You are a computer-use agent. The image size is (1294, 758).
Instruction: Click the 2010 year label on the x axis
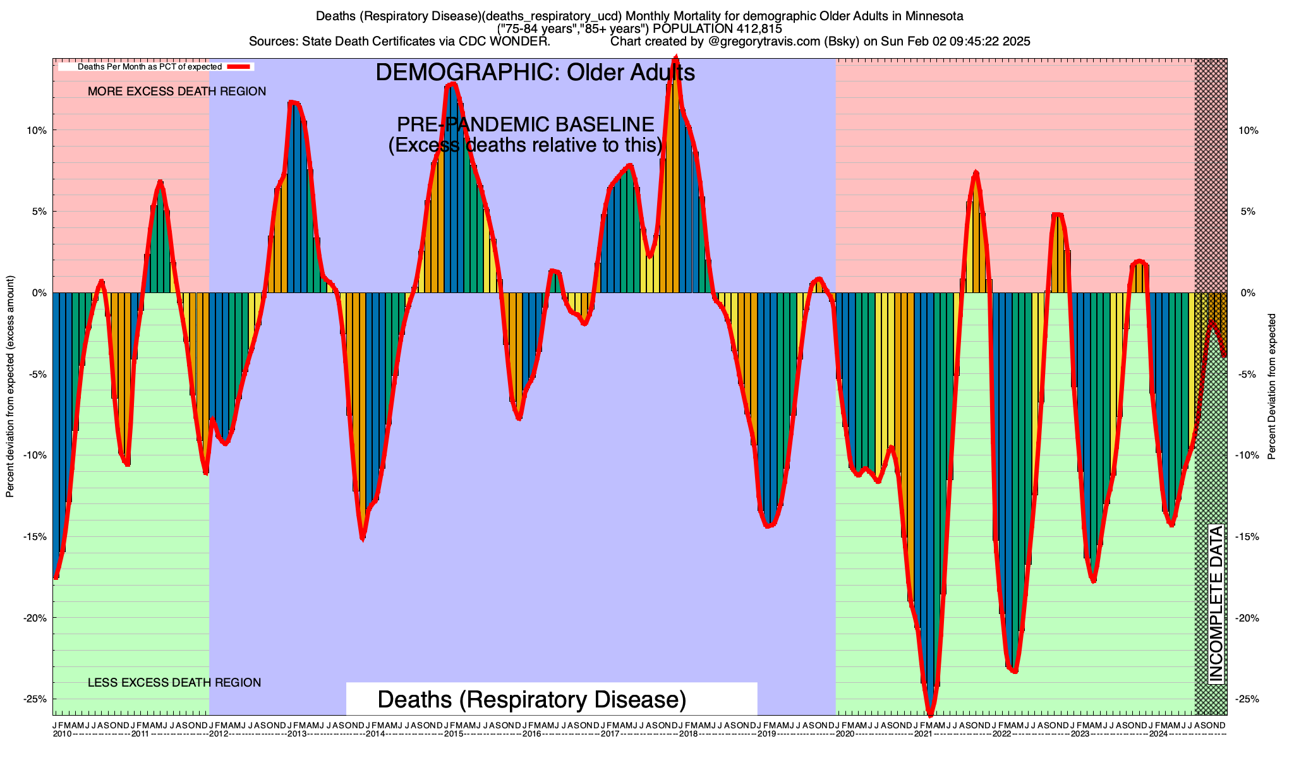tap(62, 734)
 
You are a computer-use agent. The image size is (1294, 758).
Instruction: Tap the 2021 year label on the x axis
tap(923, 734)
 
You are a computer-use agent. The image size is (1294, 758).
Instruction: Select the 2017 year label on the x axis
tap(610, 734)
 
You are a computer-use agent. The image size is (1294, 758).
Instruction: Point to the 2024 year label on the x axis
tap(1158, 734)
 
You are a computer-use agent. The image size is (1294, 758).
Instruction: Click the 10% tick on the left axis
tap(36, 131)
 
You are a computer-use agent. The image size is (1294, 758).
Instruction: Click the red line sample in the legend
tap(239, 66)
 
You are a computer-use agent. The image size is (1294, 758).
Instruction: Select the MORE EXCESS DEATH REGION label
tap(177, 92)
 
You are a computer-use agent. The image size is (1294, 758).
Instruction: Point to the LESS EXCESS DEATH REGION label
tap(174, 683)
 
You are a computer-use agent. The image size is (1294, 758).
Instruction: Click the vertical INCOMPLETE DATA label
tap(1216, 603)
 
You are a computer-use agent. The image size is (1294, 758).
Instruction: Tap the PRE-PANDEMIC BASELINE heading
tap(525, 124)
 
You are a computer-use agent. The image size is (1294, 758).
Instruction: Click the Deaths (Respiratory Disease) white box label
tap(532, 700)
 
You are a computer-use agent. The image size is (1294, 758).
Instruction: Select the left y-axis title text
tap(10, 387)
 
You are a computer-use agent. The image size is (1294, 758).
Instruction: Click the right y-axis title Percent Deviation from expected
tap(1272, 387)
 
